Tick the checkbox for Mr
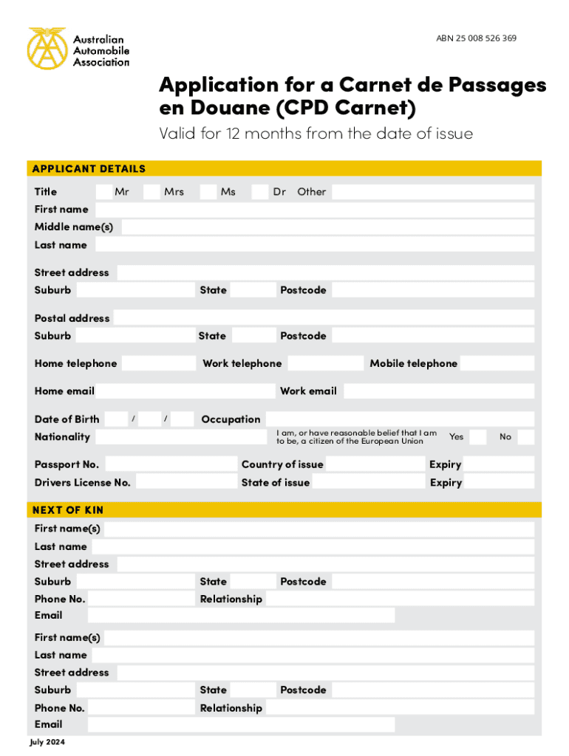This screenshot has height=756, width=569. tap(104, 192)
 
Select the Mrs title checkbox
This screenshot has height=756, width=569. tap(151, 192)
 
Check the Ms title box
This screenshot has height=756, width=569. tap(208, 192)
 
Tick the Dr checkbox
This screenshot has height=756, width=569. tap(259, 192)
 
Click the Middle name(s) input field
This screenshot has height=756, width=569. tap(327, 227)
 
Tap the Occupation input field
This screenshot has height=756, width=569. tap(399, 419)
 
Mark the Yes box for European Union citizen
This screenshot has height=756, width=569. tap(478, 437)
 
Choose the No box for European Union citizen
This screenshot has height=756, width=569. tap(525, 437)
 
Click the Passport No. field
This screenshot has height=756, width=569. tap(169, 464)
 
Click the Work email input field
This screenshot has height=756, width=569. tap(438, 391)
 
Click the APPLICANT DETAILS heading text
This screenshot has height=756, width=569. tap(89, 169)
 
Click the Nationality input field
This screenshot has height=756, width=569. tap(181, 437)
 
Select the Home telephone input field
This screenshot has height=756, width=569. tap(158, 363)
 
